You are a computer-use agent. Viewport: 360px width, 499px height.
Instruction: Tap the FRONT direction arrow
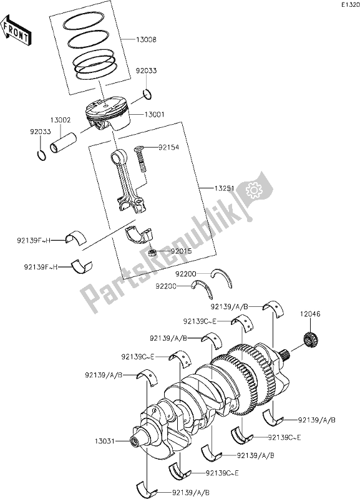point(17,32)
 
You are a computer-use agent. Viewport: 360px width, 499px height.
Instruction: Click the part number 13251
point(210,188)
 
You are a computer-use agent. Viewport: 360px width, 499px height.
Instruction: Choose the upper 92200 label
point(186,273)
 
